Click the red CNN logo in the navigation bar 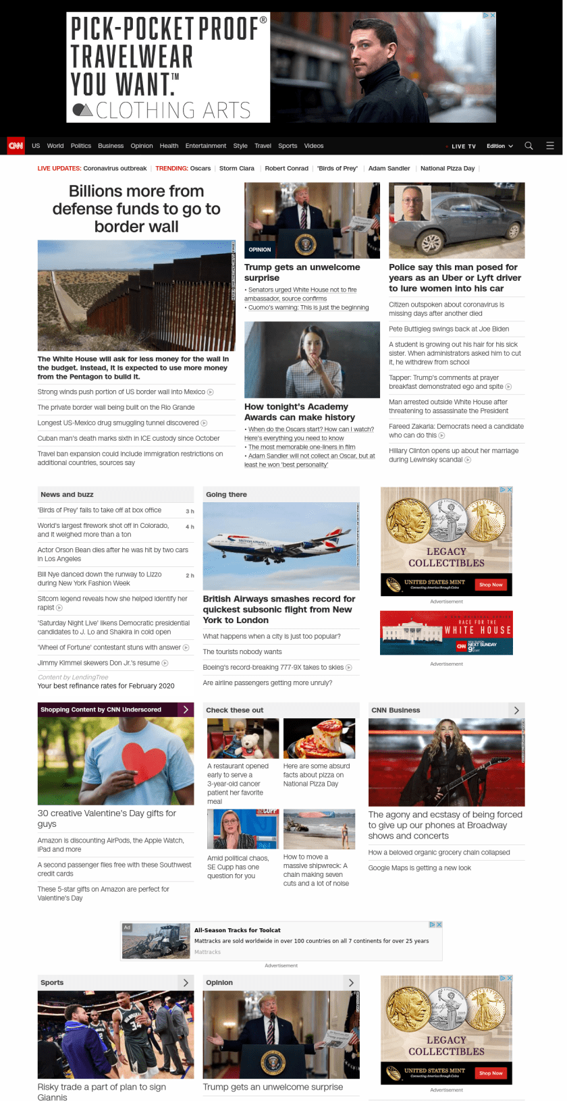[16, 146]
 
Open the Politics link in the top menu [80, 146]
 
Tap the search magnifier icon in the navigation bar [529, 146]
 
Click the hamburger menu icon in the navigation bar [550, 146]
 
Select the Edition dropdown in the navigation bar [500, 146]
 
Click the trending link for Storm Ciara [236, 169]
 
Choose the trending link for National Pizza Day [447, 169]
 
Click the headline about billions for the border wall [136, 209]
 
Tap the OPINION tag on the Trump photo [260, 250]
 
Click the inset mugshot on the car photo [412, 203]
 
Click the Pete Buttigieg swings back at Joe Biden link [448, 329]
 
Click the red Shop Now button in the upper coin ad [491, 585]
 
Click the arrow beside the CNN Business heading [516, 710]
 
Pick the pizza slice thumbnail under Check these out [319, 739]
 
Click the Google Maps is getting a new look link [419, 868]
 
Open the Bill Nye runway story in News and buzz [99, 579]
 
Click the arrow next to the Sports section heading [186, 983]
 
